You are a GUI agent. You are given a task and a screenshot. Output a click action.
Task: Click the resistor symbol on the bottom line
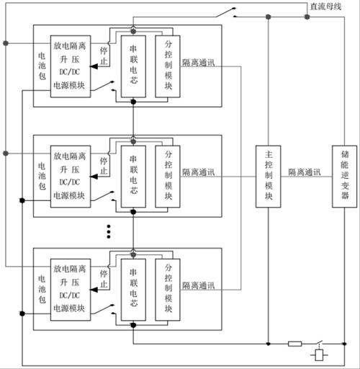tap(295, 343)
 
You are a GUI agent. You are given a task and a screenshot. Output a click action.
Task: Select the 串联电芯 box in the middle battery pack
tap(133, 175)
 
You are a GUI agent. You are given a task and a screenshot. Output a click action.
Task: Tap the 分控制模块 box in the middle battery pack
tap(168, 175)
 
